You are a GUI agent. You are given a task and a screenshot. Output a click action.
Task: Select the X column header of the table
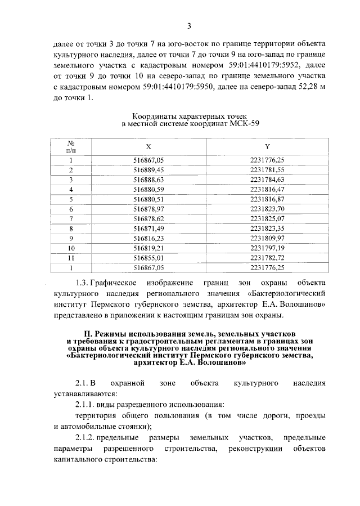tap(148, 146)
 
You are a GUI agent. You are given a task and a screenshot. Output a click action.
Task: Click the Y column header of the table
tap(268, 146)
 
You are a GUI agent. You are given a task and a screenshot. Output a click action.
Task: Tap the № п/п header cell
tap(71, 146)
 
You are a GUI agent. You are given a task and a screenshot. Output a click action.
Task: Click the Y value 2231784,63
tap(268, 179)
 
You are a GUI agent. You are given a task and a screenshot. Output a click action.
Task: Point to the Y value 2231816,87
tap(268, 199)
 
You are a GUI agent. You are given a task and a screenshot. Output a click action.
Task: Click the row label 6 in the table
tap(71, 208)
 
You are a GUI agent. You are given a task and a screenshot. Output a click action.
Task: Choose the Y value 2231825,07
tap(268, 218)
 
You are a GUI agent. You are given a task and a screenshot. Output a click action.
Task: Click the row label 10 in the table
tap(71, 247)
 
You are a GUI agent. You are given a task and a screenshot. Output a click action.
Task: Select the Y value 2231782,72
tap(268, 257)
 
